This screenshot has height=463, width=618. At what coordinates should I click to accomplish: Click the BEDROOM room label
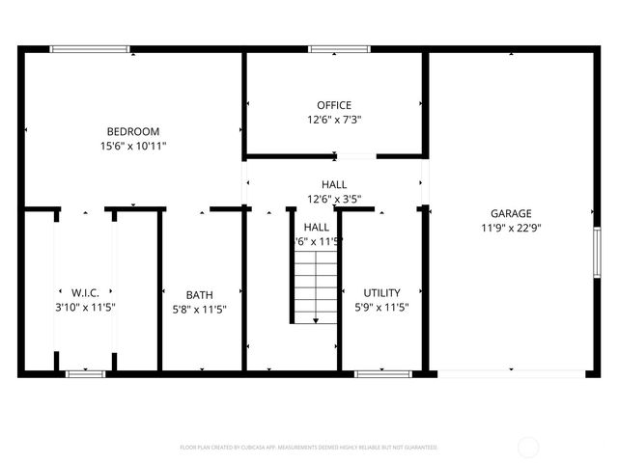coord(133,131)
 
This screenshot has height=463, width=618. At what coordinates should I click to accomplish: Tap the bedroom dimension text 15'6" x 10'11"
coord(133,147)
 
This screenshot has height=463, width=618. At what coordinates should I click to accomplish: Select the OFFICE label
coord(334,105)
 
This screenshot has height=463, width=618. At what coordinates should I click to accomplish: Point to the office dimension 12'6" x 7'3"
coord(334,121)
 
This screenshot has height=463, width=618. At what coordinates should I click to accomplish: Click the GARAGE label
coord(511,213)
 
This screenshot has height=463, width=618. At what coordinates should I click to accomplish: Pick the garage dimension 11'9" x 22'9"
coord(511,229)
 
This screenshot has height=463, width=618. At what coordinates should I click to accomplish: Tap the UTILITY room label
coord(381,293)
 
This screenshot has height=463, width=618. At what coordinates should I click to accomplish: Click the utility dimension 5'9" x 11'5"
coord(381,309)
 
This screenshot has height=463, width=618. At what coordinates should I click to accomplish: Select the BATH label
coord(200,295)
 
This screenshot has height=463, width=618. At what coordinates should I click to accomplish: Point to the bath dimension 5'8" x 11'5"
coord(200,310)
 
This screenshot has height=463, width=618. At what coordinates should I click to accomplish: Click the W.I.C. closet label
coord(86,292)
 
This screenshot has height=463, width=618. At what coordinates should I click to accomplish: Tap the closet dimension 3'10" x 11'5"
coord(86,308)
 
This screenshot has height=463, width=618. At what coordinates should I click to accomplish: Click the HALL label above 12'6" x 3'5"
coord(334,184)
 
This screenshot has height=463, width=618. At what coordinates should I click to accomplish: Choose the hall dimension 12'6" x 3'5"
coord(334,200)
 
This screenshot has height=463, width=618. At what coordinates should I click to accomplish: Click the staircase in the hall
coord(315,285)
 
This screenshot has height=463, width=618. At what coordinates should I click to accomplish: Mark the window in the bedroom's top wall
coord(90,49)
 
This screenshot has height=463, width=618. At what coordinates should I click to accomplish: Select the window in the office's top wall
coord(337,49)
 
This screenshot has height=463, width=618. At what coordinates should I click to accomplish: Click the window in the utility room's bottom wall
coord(382,373)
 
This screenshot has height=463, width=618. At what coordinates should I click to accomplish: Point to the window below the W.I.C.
coord(85,373)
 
